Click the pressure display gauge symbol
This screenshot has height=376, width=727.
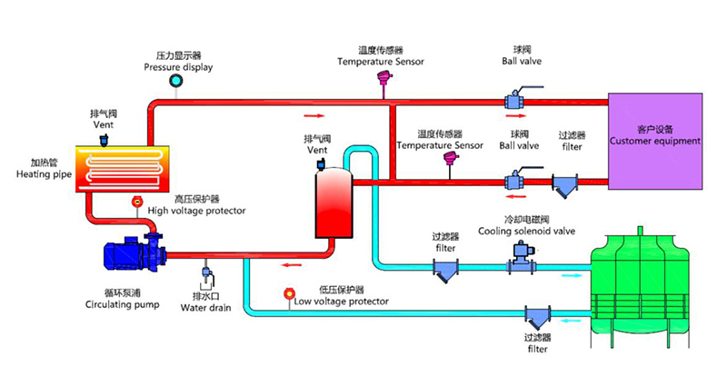tap(175, 82)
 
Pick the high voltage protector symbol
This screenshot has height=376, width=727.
tap(137, 201)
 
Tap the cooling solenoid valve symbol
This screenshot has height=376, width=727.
tap(519, 262)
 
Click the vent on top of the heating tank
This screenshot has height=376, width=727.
tap(103, 139)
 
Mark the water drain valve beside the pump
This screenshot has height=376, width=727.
tap(206, 273)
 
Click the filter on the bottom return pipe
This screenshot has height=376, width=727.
tap(536, 318)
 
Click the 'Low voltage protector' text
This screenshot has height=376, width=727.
tap(341, 301)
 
